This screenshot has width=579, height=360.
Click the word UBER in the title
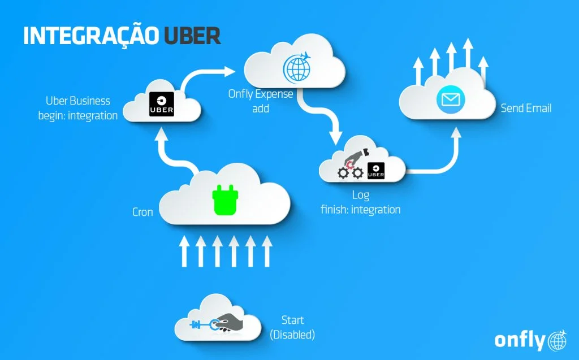[x=192, y=34]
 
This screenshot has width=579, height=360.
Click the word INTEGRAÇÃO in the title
[x=91, y=34]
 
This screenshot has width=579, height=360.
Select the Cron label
[x=142, y=212]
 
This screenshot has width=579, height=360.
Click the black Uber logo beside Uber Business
[x=161, y=104]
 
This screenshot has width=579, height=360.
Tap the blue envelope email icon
[x=450, y=100]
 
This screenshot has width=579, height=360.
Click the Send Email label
[x=526, y=107]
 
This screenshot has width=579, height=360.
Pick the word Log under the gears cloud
[x=360, y=196]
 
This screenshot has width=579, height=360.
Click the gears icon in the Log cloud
[x=349, y=172]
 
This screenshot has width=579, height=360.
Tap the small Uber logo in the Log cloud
[x=376, y=171]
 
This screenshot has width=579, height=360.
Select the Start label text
[x=293, y=320]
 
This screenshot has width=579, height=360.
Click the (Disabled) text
[x=292, y=335]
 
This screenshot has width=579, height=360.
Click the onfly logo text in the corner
[x=520, y=340]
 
